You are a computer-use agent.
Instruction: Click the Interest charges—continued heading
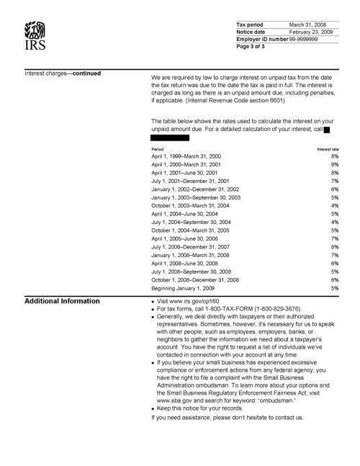point(63,73)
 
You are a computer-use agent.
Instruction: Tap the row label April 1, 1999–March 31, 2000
point(186,156)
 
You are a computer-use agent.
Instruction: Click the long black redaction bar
point(170,137)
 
